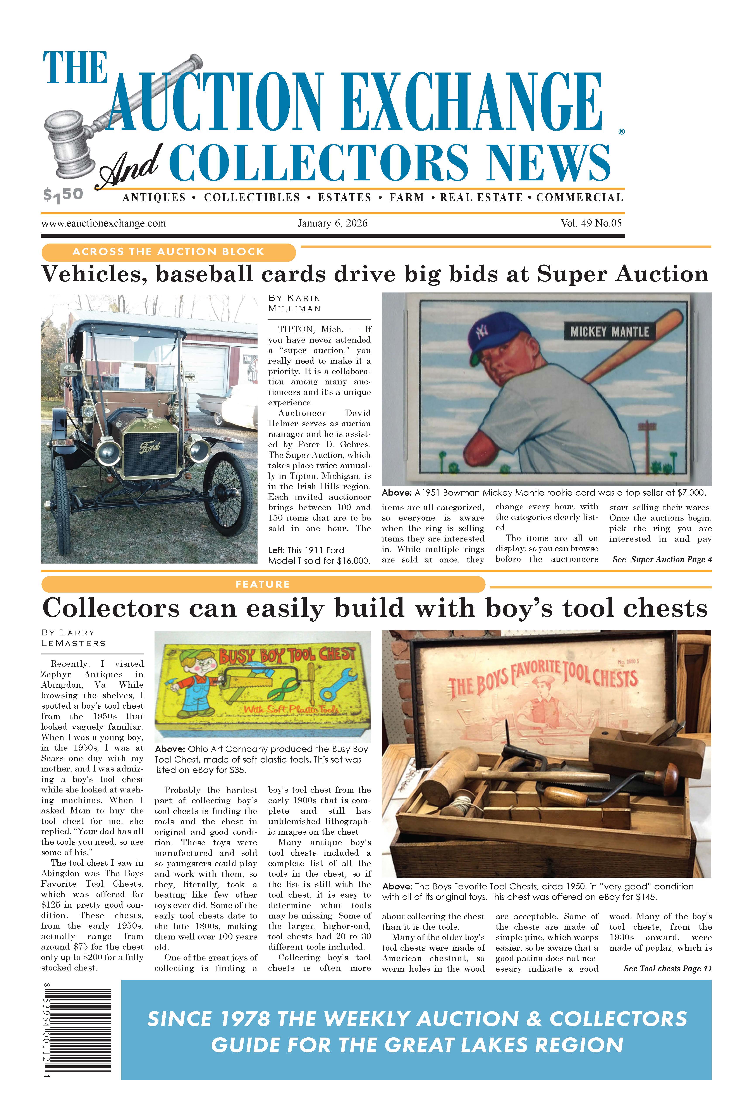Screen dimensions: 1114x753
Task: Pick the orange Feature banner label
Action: click(x=263, y=584)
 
